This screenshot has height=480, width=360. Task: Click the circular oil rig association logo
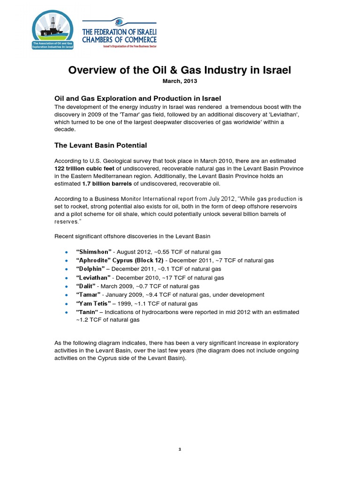pyautogui.click(x=52, y=31)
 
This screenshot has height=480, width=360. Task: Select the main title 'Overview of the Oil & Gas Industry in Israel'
pyautogui.click(x=180, y=70)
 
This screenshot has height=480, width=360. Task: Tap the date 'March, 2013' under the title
pyautogui.click(x=180, y=81)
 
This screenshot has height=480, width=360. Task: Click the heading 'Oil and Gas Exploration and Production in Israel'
pyautogui.click(x=138, y=98)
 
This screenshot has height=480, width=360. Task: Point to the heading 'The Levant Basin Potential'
pyautogui.click(x=101, y=145)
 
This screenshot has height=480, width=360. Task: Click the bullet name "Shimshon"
pyautogui.click(x=94, y=252)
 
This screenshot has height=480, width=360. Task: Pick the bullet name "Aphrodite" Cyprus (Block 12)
pyautogui.click(x=120, y=261)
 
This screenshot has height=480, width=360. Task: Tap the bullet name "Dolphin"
pyautogui.click(x=91, y=269)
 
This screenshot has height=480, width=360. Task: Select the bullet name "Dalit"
pyautogui.click(x=86, y=286)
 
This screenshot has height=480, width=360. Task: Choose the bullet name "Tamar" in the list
pyautogui.click(x=88, y=295)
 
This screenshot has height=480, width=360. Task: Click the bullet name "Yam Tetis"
pyautogui.click(x=93, y=303)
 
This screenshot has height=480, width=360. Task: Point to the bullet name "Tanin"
pyautogui.click(x=87, y=312)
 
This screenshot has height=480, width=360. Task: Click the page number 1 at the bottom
pyautogui.click(x=180, y=449)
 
